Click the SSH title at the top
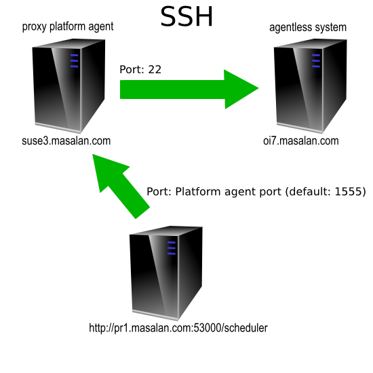click(x=186, y=17)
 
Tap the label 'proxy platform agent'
click(x=68, y=26)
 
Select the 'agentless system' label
click(x=308, y=27)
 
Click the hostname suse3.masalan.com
click(x=66, y=141)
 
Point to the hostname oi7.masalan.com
click(x=301, y=141)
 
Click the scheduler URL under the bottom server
click(x=178, y=328)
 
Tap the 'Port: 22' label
click(x=140, y=69)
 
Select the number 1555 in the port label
click(x=349, y=191)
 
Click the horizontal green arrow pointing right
click(x=189, y=90)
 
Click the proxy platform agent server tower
click(x=68, y=86)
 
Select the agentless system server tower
click(x=310, y=86)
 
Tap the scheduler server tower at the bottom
click(x=165, y=273)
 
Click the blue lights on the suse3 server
click(x=74, y=61)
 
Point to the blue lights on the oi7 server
click(x=316, y=61)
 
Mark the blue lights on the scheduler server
click(x=172, y=248)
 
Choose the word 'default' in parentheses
click(x=311, y=191)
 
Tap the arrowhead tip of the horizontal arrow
click(x=258, y=88)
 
